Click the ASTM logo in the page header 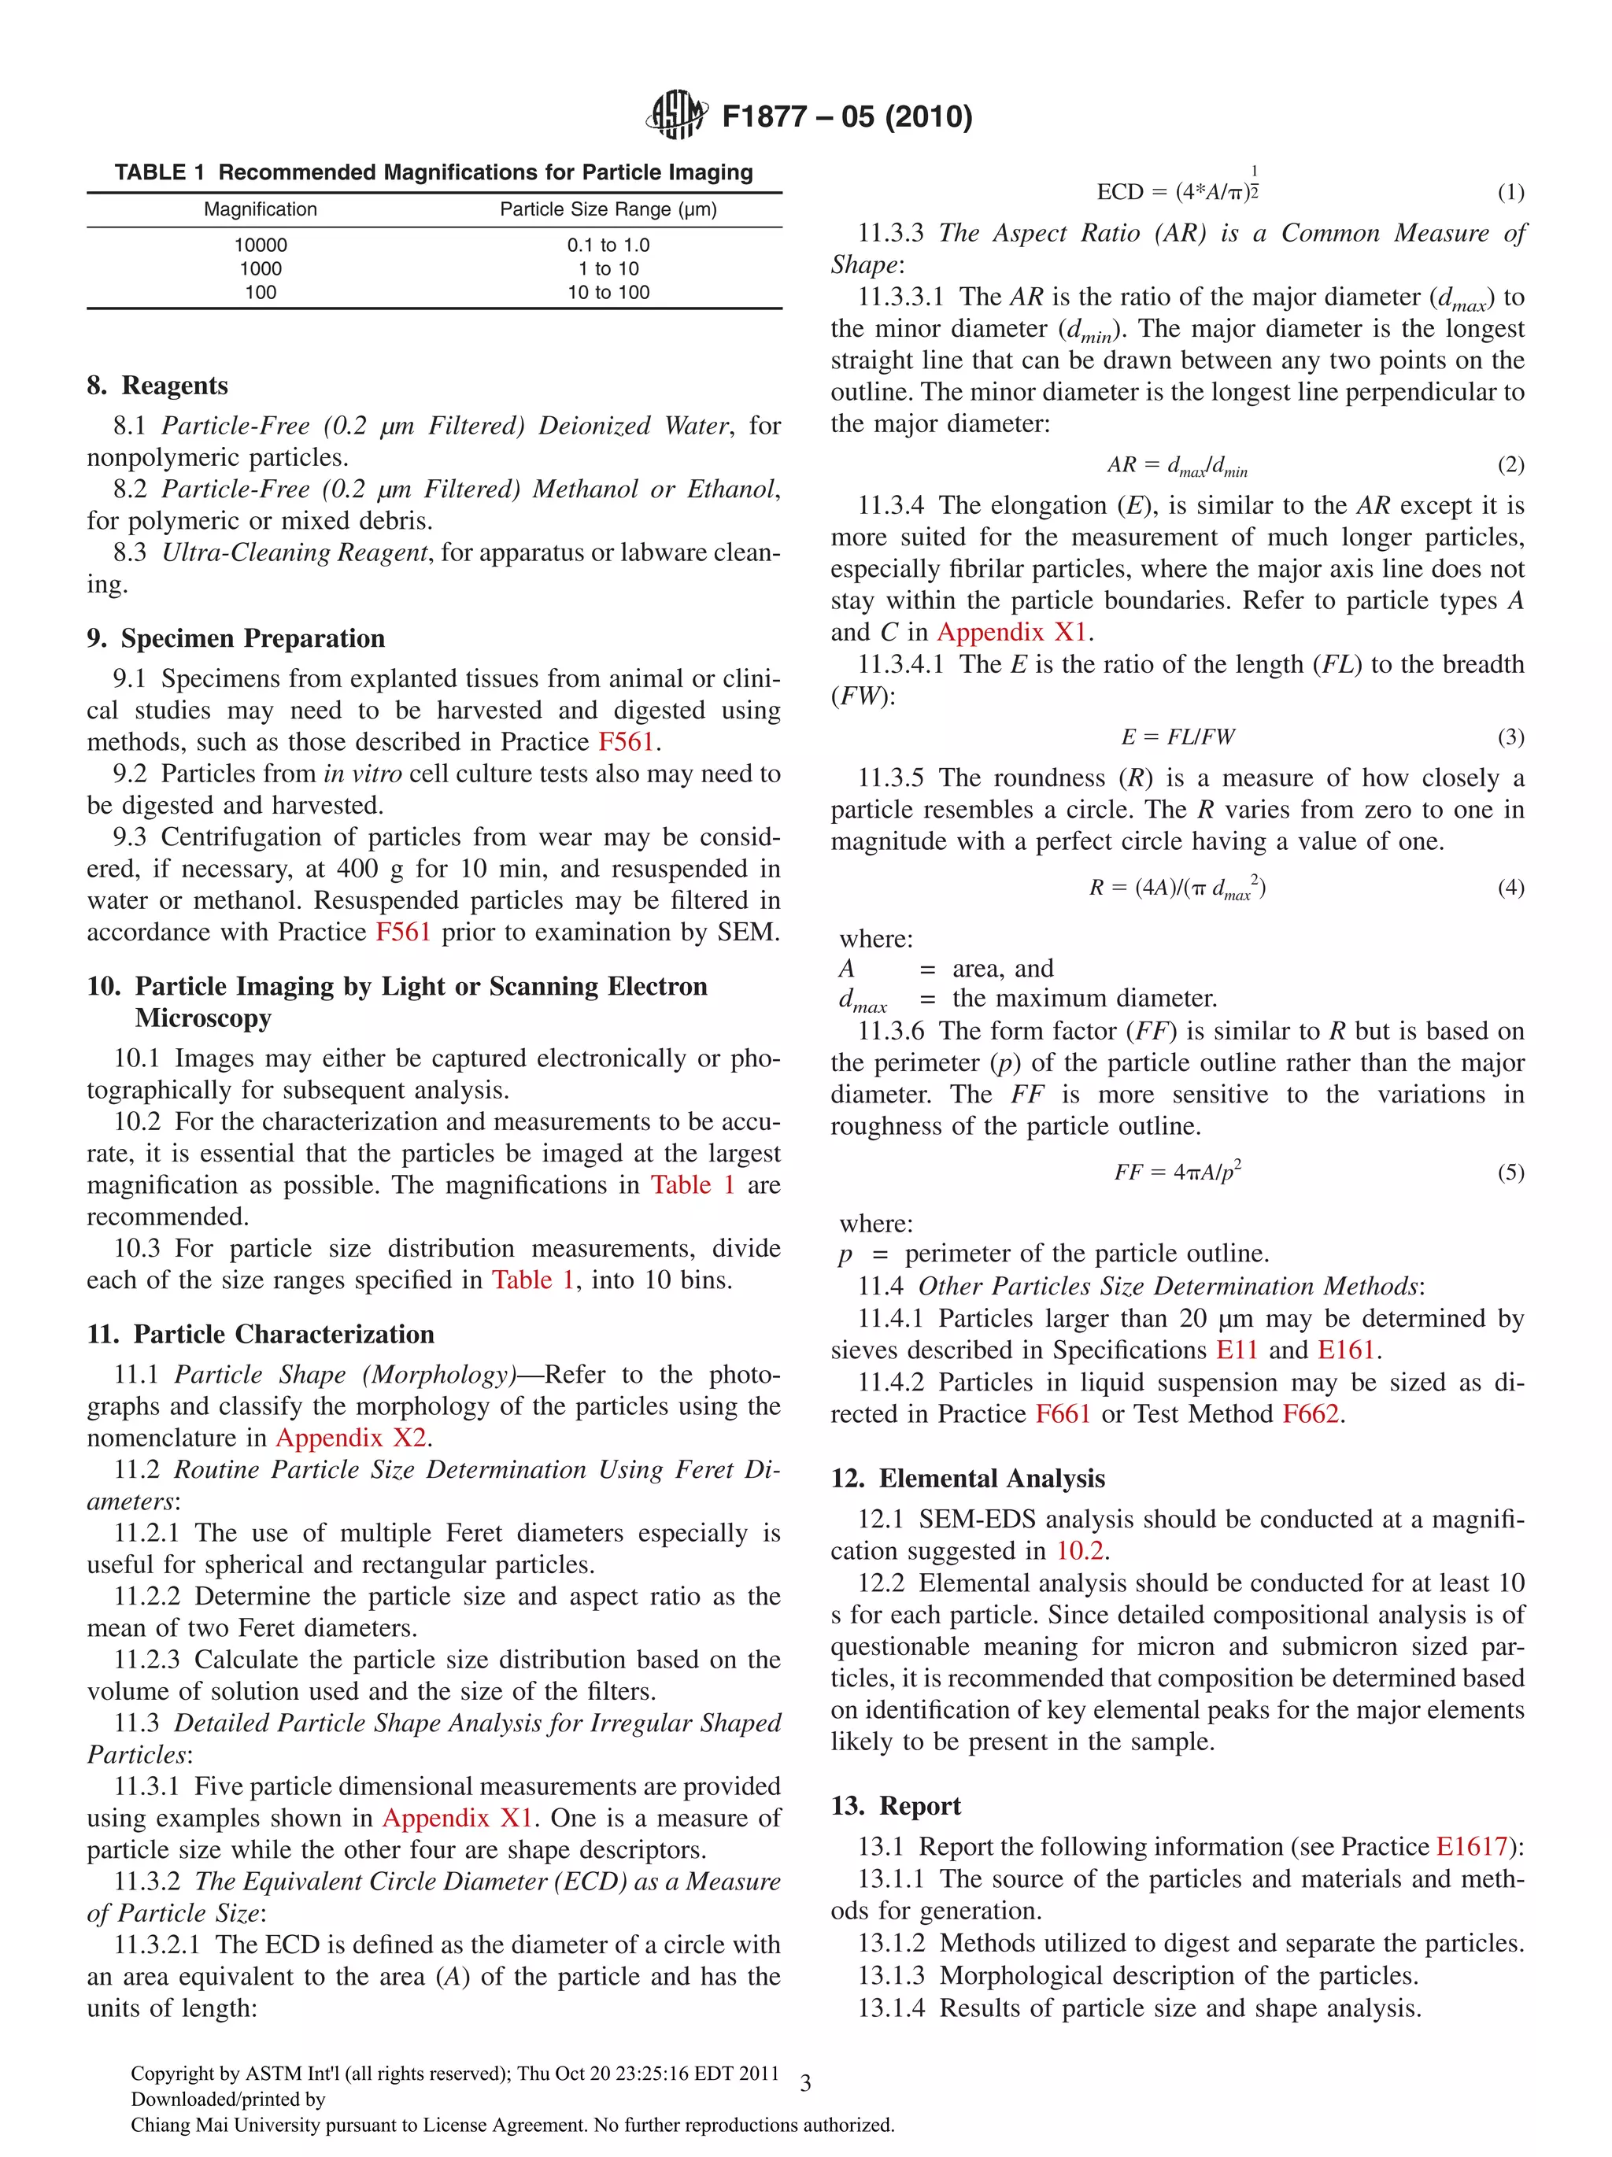[x=676, y=114]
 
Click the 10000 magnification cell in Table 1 [x=261, y=245]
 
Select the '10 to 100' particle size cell [x=608, y=293]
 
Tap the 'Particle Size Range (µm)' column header [x=608, y=209]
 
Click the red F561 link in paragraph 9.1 [x=625, y=741]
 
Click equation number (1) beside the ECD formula [x=1510, y=192]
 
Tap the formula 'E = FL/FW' [x=1177, y=737]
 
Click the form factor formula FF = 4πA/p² [x=1177, y=1171]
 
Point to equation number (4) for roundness [x=1510, y=888]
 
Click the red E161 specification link [x=1346, y=1350]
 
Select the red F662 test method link [x=1310, y=1414]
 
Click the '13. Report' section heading [x=895, y=1806]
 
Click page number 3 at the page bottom [x=805, y=2084]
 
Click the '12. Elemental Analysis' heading [x=967, y=1479]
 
